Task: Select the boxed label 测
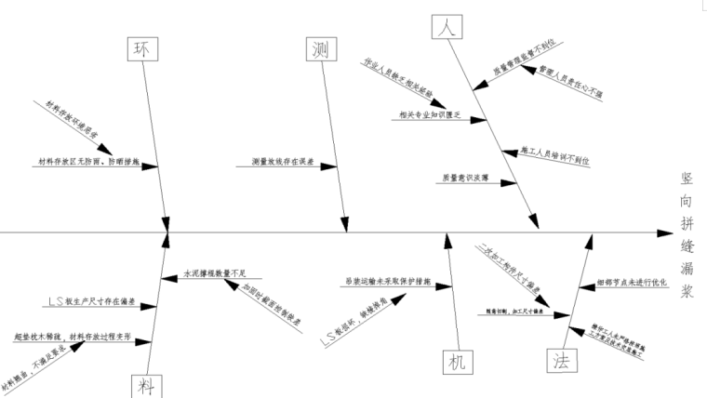(x=318, y=50)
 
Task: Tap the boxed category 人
(x=447, y=27)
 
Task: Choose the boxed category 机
(x=456, y=360)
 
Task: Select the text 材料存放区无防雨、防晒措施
(x=88, y=162)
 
